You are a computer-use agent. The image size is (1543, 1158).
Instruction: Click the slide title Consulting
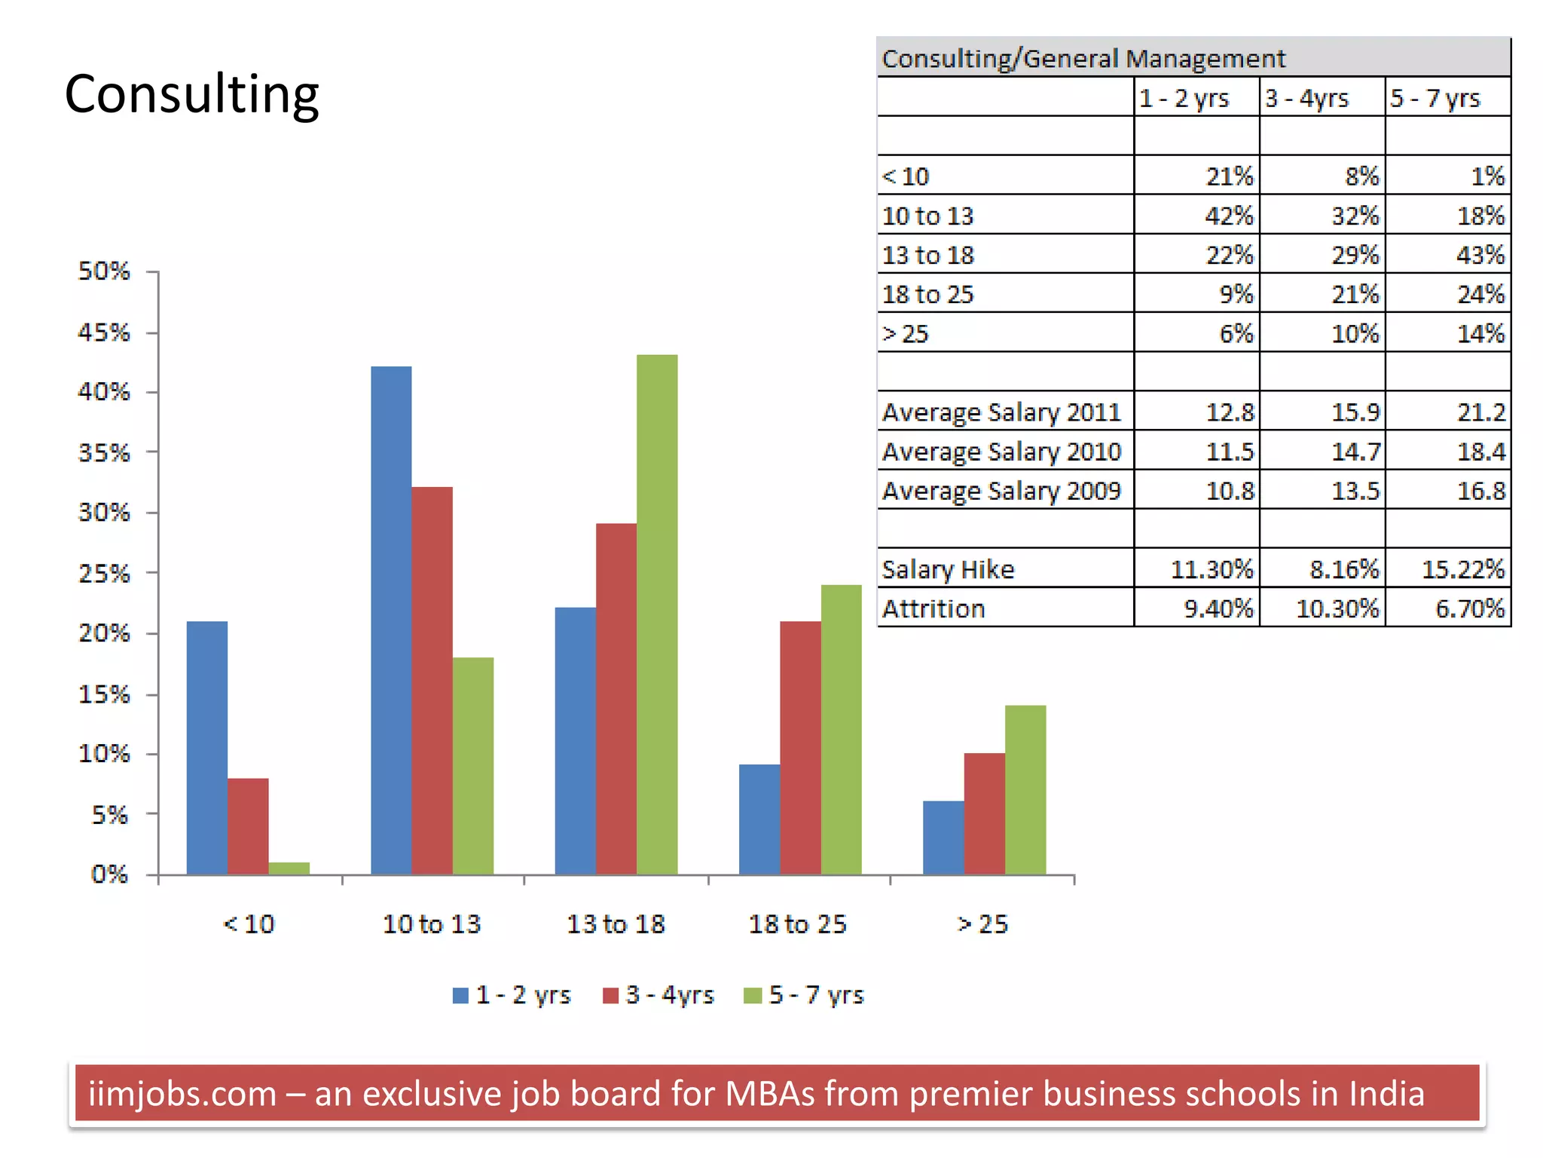click(x=191, y=95)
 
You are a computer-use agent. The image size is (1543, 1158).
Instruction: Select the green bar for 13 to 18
click(x=656, y=614)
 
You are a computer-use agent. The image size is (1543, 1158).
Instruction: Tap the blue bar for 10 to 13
click(x=391, y=620)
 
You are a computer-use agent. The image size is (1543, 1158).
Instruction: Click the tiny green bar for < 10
click(x=289, y=868)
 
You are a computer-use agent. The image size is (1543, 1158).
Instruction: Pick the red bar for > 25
click(x=984, y=813)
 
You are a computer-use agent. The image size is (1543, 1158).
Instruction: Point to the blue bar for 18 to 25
click(x=759, y=819)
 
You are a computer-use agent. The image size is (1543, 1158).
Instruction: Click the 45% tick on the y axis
click(x=104, y=332)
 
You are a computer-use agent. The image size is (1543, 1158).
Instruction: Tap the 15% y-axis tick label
click(x=104, y=694)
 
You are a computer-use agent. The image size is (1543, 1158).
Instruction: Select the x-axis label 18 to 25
click(x=797, y=924)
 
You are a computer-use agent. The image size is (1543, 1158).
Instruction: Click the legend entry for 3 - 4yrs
click(x=659, y=995)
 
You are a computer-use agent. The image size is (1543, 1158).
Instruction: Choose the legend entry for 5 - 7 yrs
click(x=805, y=995)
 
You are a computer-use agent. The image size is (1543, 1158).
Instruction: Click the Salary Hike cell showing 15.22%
click(x=1462, y=569)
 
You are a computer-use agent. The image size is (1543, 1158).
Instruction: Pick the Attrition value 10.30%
click(x=1337, y=608)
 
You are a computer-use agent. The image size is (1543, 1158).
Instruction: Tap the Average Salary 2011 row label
click(x=1001, y=412)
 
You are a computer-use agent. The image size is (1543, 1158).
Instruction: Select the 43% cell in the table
click(x=1480, y=255)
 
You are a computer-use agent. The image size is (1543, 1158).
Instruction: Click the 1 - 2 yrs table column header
click(x=1184, y=98)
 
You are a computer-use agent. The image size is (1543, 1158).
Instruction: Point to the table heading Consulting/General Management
click(x=1083, y=59)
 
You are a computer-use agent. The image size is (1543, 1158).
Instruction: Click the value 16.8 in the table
click(x=1480, y=491)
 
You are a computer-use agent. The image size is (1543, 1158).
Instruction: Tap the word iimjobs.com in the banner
click(x=182, y=1094)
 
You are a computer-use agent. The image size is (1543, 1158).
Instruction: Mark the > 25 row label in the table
click(x=906, y=334)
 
